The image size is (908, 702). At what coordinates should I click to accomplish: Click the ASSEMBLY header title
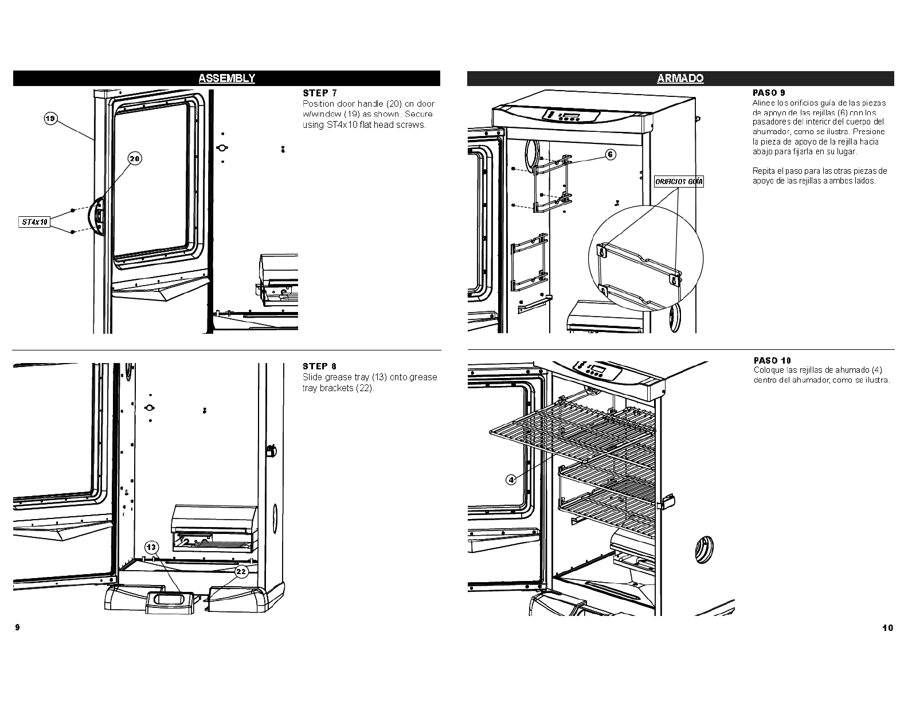(x=226, y=79)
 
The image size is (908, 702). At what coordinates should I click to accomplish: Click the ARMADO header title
(x=680, y=79)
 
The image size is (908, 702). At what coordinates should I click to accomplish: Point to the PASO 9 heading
(x=769, y=92)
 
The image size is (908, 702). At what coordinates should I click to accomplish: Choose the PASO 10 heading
(x=772, y=360)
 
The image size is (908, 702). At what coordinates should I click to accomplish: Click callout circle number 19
(x=50, y=119)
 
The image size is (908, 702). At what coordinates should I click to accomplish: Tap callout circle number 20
(x=135, y=159)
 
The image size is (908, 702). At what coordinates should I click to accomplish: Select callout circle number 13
(x=151, y=547)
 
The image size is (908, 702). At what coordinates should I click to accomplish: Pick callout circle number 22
(x=241, y=571)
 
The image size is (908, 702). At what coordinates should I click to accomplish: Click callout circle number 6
(x=611, y=154)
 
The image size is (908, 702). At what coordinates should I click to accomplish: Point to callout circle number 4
(x=511, y=479)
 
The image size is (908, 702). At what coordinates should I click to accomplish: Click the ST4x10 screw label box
(x=34, y=221)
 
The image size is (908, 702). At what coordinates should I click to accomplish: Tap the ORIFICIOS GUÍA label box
(x=679, y=182)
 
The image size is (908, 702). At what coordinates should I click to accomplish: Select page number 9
(x=17, y=627)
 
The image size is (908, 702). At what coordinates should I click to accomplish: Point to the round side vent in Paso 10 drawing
(x=705, y=549)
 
